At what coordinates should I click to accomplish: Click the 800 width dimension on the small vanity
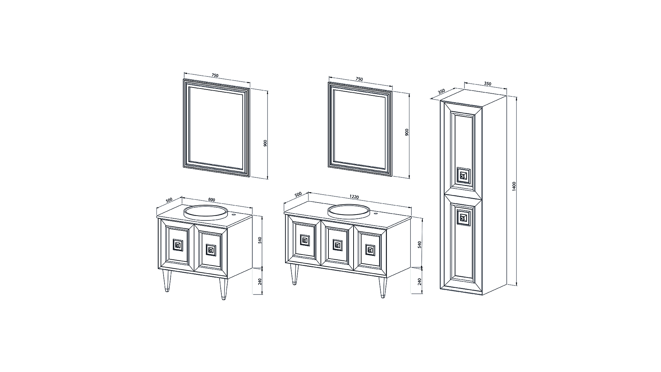211,200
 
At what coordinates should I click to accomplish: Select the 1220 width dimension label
354,197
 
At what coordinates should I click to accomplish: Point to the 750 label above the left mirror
215,75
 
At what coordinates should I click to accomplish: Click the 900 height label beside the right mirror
407,132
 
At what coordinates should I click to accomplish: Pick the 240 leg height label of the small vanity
260,282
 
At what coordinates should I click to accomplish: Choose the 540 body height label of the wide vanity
419,245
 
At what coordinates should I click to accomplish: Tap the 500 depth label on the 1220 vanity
298,194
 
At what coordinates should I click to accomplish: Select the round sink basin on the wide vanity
349,211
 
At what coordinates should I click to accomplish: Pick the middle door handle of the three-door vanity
337,245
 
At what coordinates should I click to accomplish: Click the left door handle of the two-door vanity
178,245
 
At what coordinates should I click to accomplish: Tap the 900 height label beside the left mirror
265,143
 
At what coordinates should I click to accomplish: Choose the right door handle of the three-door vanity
370,249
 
